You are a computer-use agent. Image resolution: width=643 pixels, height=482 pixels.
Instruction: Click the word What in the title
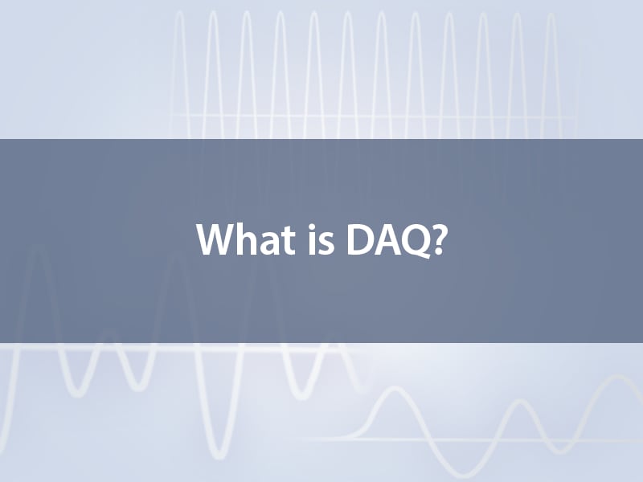pos(246,239)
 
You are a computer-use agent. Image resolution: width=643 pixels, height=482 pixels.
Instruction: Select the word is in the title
pos(321,239)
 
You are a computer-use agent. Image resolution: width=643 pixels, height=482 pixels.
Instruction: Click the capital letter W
pos(217,240)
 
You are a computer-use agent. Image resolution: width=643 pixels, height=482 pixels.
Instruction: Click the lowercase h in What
pos(251,239)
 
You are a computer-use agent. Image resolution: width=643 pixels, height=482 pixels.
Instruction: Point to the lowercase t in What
pos(289,243)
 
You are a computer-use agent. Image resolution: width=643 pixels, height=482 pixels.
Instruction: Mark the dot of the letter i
pos(313,227)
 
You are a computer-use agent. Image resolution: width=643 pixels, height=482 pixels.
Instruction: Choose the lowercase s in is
pos(327,244)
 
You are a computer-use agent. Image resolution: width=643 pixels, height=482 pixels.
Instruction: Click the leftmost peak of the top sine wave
pos(179,12)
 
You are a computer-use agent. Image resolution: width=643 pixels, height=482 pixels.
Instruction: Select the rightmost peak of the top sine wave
pos(551,14)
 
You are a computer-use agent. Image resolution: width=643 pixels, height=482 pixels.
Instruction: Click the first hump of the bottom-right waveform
pos(395,388)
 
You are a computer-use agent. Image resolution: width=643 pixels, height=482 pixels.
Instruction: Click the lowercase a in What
pos(272,244)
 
